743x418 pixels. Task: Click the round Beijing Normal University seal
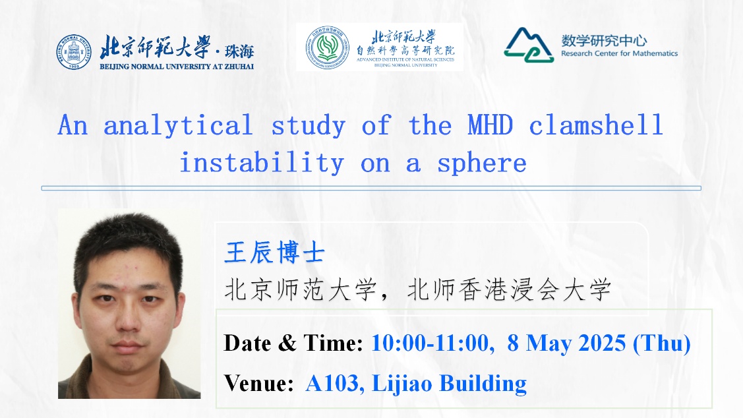tap(73, 52)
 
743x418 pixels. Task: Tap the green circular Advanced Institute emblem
tap(327, 47)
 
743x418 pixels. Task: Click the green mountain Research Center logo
tap(529, 45)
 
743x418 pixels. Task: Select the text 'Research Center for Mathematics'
tap(619, 53)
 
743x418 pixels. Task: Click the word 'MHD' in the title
tap(490, 125)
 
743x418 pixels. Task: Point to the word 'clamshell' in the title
tap(595, 125)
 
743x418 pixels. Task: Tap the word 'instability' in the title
tap(262, 163)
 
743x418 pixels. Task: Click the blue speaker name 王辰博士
tap(274, 252)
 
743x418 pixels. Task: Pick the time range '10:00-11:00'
tap(431, 343)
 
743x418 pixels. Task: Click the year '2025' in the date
tap(603, 343)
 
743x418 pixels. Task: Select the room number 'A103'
tap(332, 384)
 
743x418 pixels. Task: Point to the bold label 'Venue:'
tap(258, 384)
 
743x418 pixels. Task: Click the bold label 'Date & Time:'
tap(293, 343)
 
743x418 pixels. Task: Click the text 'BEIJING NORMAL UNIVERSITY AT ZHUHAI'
tap(177, 67)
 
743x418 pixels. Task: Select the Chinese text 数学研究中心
tap(604, 41)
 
